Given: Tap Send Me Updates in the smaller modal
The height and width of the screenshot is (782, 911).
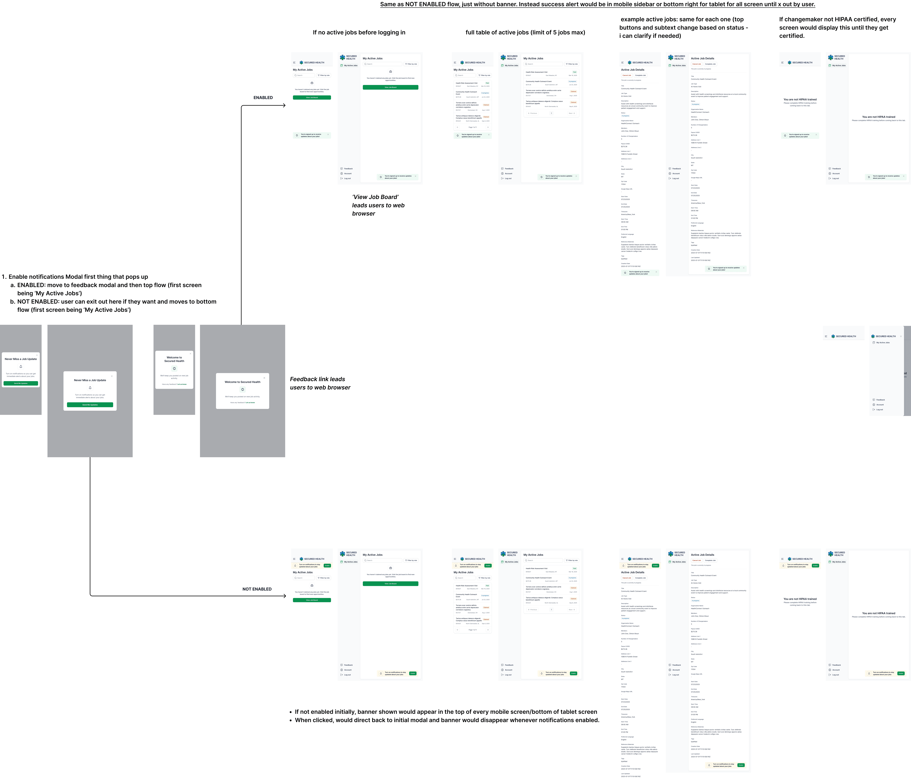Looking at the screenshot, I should click(21, 383).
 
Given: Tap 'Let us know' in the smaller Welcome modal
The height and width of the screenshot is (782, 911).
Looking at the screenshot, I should click(182, 384).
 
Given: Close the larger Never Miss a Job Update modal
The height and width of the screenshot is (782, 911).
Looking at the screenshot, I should click(112, 376).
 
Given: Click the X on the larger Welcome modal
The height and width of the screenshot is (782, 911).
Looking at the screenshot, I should click(264, 378).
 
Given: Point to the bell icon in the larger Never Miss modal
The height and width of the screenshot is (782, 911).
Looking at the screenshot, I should click(90, 388).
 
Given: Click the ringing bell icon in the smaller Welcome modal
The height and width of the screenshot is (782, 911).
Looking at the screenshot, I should click(174, 368).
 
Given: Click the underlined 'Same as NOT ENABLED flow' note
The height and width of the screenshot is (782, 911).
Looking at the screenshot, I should click(597, 4).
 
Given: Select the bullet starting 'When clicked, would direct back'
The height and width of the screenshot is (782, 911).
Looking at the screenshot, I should click(447, 720).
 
